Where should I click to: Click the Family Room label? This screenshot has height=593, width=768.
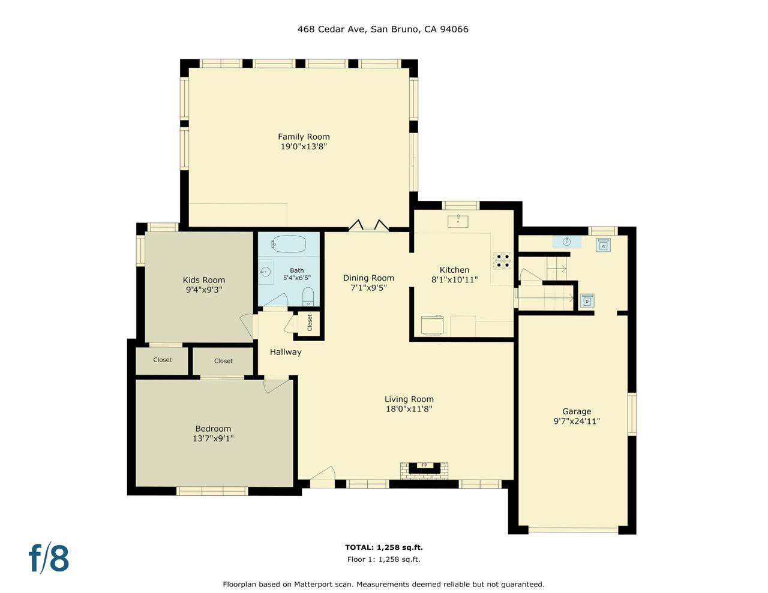point(304,137)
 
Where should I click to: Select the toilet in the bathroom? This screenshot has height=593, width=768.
point(308,296)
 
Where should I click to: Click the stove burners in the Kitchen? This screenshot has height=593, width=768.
point(502,260)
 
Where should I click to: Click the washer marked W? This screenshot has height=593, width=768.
point(603,245)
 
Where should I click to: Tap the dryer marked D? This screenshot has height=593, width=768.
point(587,300)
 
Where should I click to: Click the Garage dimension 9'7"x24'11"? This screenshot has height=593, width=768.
point(577,421)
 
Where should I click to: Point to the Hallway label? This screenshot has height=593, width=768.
point(286,352)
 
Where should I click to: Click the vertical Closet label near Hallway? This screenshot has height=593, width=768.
point(310,323)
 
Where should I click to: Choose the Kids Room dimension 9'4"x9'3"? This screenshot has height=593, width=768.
point(204,290)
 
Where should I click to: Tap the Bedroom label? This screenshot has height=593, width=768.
point(213,429)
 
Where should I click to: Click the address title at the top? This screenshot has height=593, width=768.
point(383,29)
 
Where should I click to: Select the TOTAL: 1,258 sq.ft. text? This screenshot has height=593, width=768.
point(383,547)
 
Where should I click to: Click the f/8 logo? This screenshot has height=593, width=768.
point(49,558)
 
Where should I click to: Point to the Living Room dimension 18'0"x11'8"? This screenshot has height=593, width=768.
point(409,409)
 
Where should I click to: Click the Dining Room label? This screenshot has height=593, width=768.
point(368,278)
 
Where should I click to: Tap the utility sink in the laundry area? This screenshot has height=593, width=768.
point(566,242)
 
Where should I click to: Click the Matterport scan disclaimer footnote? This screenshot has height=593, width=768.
point(383,584)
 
